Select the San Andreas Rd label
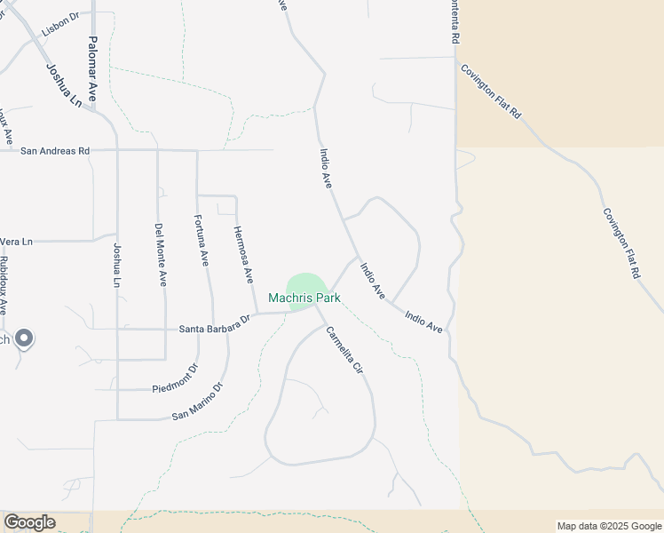[55, 151]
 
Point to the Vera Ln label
[16, 242]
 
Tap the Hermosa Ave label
[243, 254]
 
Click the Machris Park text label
[304, 298]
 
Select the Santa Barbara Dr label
[216, 328]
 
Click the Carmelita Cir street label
[344, 349]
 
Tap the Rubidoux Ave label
[4, 284]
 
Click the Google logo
[29, 522]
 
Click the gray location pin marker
[25, 338]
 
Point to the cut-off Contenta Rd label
[455, 23]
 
